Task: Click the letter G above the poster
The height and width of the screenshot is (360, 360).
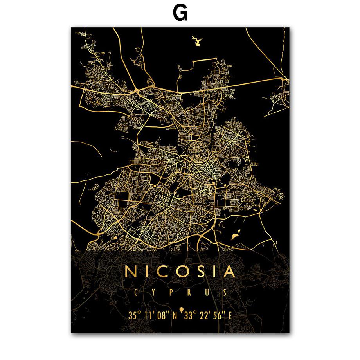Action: click(x=180, y=13)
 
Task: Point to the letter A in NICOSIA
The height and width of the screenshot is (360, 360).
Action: click(x=229, y=271)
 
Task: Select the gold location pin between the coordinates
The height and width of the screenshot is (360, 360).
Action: click(x=182, y=313)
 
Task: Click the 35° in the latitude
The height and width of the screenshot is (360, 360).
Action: click(x=134, y=315)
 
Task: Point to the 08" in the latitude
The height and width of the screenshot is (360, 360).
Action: click(x=164, y=315)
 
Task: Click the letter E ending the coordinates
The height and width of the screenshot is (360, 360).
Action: click(x=230, y=315)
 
